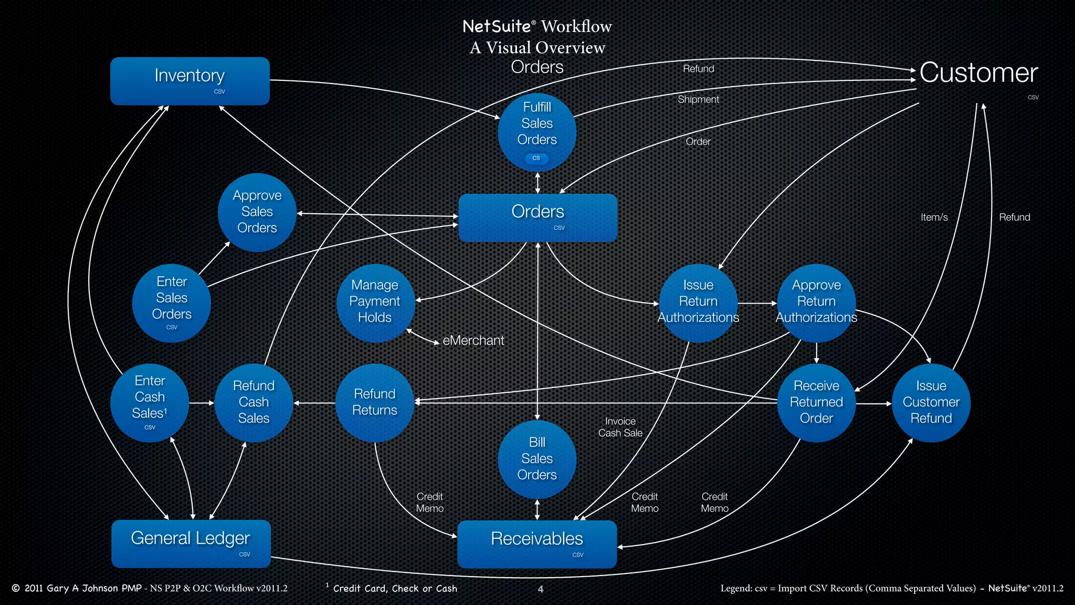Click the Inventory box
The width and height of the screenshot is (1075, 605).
pyautogui.click(x=189, y=81)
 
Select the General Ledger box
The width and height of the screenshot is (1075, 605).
pyautogui.click(x=191, y=544)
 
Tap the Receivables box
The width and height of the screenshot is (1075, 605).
pyautogui.click(x=537, y=544)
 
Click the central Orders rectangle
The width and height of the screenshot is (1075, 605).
pyautogui.click(x=537, y=217)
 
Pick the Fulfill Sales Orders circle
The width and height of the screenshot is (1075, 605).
pyautogui.click(x=537, y=132)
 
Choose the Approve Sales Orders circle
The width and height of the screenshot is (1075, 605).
pyautogui.click(x=257, y=212)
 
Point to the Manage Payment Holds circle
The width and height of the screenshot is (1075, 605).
pyautogui.click(x=375, y=302)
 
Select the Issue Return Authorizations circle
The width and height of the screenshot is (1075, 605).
pyautogui.click(x=698, y=302)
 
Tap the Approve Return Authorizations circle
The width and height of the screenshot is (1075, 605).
pyautogui.click(x=816, y=302)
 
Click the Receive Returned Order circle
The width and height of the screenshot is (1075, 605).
pyautogui.click(x=816, y=403)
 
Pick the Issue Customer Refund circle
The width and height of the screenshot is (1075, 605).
pyautogui.click(x=931, y=403)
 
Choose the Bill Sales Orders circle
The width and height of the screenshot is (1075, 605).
pyautogui.click(x=537, y=459)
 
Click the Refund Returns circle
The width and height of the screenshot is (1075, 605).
pyautogui.click(x=375, y=403)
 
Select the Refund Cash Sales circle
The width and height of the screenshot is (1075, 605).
pyautogui.click(x=254, y=403)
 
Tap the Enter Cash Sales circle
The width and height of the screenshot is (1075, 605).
pyautogui.click(x=150, y=403)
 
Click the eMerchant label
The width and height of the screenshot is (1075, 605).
pyautogui.click(x=473, y=341)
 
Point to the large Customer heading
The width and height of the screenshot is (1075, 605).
pyautogui.click(x=978, y=73)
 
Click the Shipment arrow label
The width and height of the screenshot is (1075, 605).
pyautogui.click(x=698, y=100)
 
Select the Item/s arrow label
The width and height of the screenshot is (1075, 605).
pyautogui.click(x=934, y=217)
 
